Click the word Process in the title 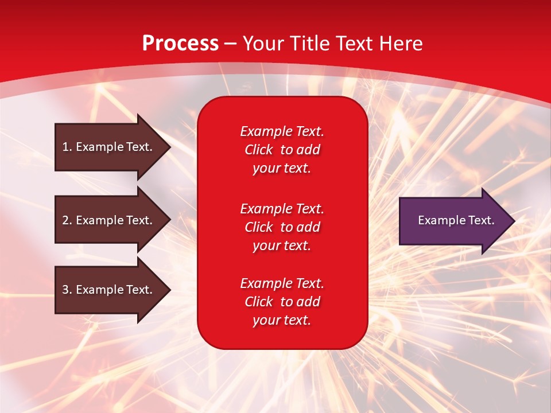click(x=180, y=44)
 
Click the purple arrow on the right click(x=453, y=221)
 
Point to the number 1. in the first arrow click(x=67, y=147)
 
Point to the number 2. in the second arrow click(x=67, y=220)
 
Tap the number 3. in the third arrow click(x=67, y=290)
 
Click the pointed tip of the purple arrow click(x=513, y=221)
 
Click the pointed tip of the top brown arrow click(x=169, y=147)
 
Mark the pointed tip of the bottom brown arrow click(x=169, y=290)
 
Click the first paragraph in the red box click(x=282, y=150)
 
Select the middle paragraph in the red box click(x=282, y=227)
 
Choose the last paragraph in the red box click(x=282, y=302)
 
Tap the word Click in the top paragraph click(x=258, y=150)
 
